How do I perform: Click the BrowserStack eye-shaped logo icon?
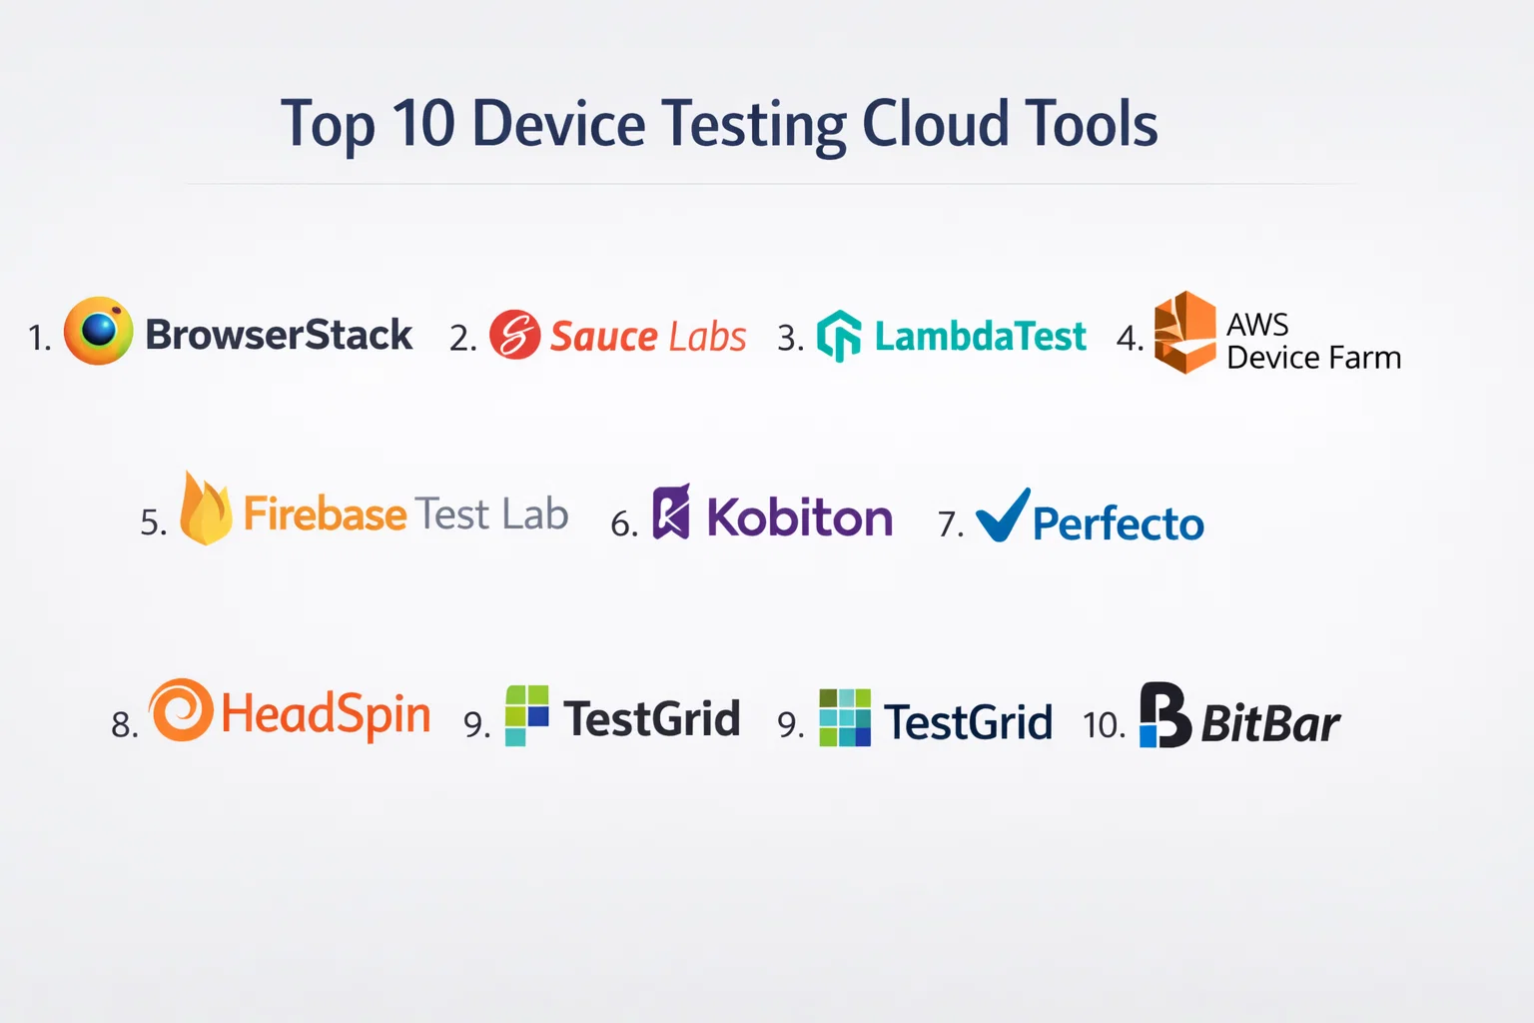tap(99, 331)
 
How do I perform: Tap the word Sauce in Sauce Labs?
tap(604, 337)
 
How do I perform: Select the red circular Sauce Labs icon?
tap(515, 335)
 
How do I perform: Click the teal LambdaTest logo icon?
tap(839, 335)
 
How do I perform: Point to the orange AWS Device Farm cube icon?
tap(1185, 333)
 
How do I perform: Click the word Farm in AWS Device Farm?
tap(1363, 358)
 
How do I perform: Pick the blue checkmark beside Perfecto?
tap(1003, 515)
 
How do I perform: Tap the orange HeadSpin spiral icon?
tap(181, 710)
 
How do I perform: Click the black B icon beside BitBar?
tap(1165, 714)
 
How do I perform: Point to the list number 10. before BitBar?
tap(1104, 725)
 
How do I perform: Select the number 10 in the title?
tap(423, 123)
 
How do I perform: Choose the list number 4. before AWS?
tap(1130, 338)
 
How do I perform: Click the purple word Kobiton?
tap(800, 516)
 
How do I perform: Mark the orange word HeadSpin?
tap(327, 714)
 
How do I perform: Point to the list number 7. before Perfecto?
tap(951, 524)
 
